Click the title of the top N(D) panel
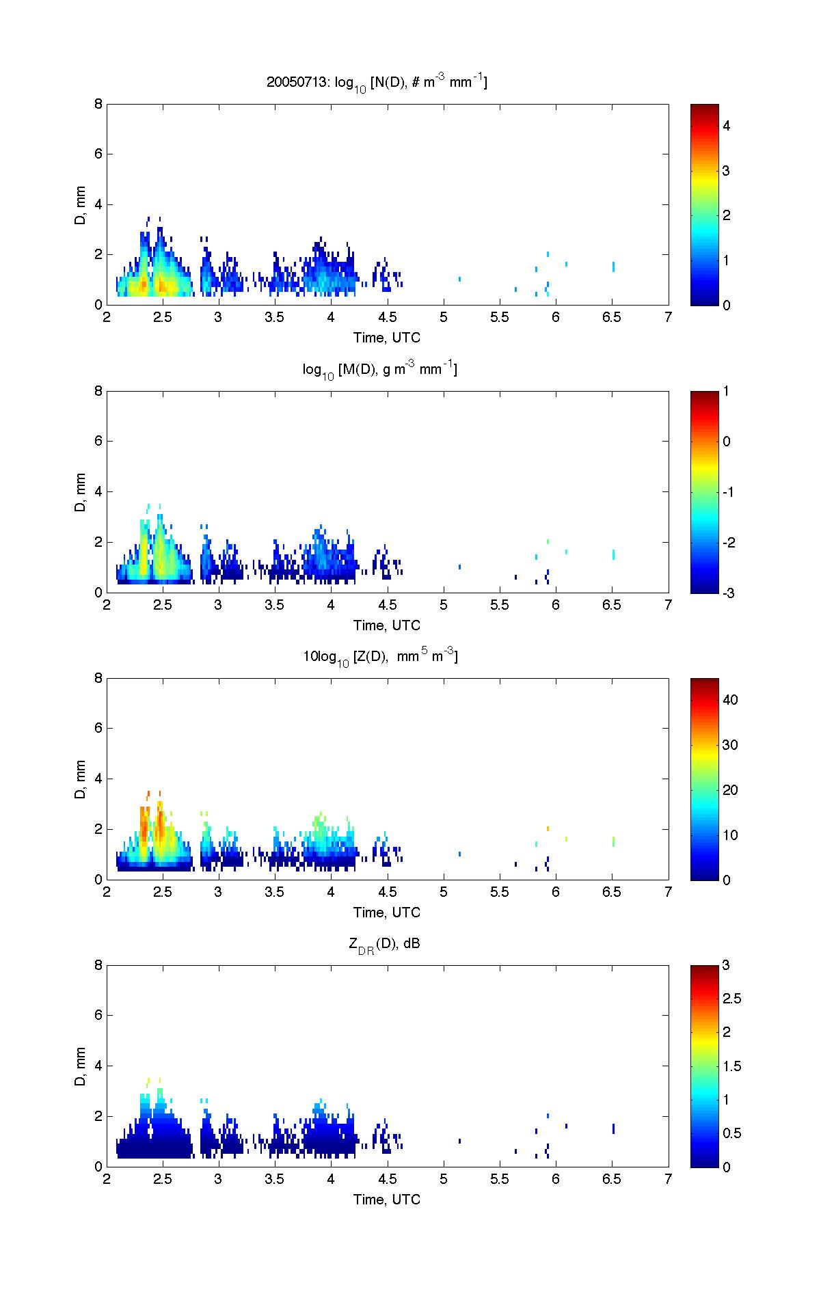(x=377, y=83)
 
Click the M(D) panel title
(x=380, y=370)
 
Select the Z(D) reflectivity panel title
(x=380, y=657)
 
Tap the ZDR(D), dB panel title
(x=384, y=945)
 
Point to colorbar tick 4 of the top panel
(x=727, y=126)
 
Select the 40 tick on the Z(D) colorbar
(x=730, y=700)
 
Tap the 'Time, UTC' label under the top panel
(x=386, y=338)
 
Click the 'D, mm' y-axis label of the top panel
(x=81, y=205)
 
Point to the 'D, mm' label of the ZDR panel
(x=81, y=1066)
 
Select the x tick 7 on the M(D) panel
(x=668, y=605)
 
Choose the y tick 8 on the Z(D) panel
(x=98, y=679)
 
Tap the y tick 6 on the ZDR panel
(x=98, y=1016)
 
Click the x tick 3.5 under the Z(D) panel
(x=275, y=892)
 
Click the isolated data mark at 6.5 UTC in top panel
(x=613, y=267)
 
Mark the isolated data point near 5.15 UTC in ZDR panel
(x=459, y=1140)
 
